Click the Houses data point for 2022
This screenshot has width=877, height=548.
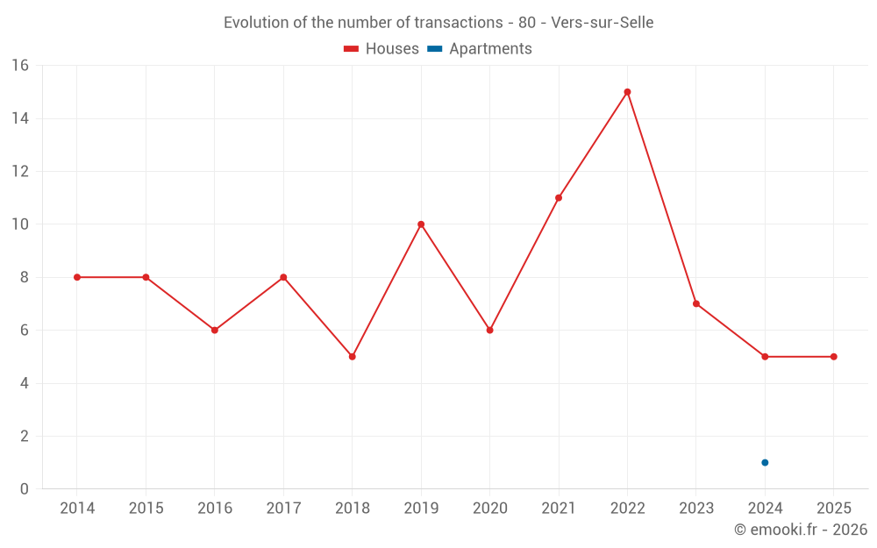pyautogui.click(x=627, y=92)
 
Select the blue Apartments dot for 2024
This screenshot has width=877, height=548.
pyautogui.click(x=765, y=462)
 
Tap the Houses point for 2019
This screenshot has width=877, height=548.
pyautogui.click(x=421, y=224)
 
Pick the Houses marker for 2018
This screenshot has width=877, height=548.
pyautogui.click(x=352, y=357)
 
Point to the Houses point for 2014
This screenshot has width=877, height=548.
pyautogui.click(x=77, y=277)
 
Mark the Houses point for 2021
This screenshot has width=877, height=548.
pyautogui.click(x=559, y=198)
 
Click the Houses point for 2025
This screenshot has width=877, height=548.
pyautogui.click(x=833, y=357)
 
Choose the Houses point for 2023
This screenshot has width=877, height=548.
pyautogui.click(x=695, y=303)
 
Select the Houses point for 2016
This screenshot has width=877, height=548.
pyautogui.click(x=214, y=331)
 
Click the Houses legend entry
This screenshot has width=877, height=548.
pyautogui.click(x=381, y=49)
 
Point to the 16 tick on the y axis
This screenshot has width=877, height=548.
pyautogui.click(x=19, y=66)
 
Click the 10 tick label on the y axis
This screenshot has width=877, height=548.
pyautogui.click(x=19, y=224)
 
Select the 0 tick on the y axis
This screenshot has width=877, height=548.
pyautogui.click(x=24, y=489)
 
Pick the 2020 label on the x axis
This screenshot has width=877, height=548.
pyautogui.click(x=489, y=509)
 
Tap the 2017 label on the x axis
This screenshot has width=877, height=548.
pyautogui.click(x=283, y=509)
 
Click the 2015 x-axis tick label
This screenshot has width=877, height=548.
pyautogui.click(x=146, y=509)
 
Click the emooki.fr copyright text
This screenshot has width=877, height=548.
pyautogui.click(x=801, y=530)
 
